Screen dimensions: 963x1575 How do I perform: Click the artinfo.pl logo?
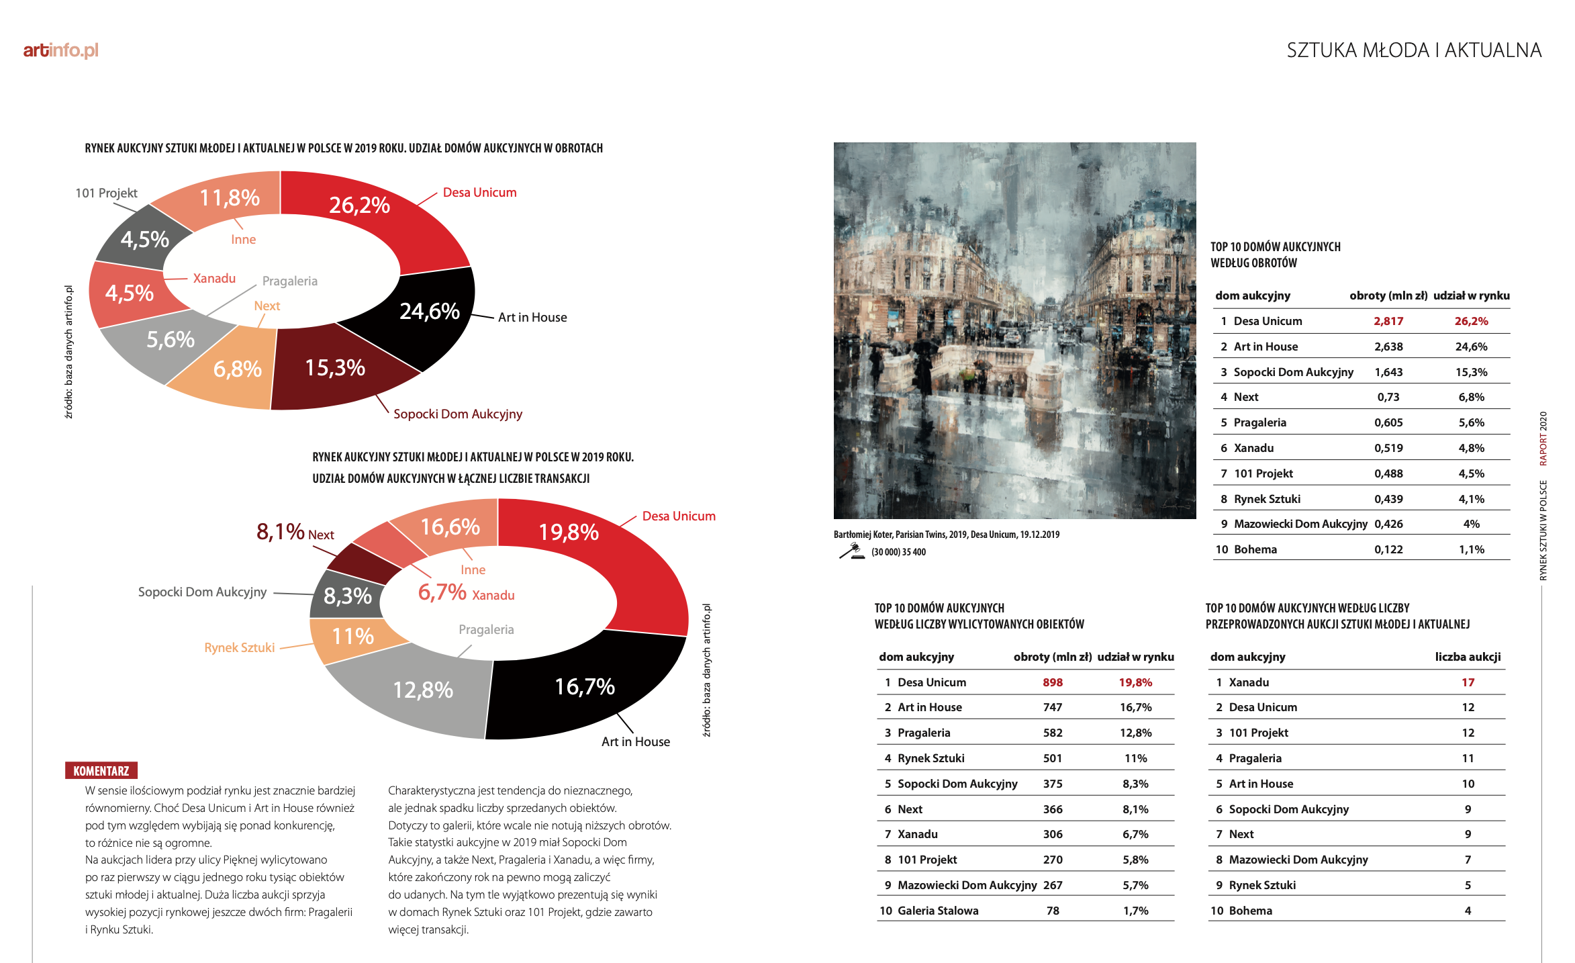pyautogui.click(x=60, y=50)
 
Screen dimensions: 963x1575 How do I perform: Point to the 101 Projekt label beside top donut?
pyautogui.click(x=106, y=193)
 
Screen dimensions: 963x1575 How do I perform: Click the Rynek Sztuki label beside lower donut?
pyautogui.click(x=240, y=647)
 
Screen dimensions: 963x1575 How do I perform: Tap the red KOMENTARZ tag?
pyautogui.click(x=101, y=771)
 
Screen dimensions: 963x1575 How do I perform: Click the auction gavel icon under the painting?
pyautogui.click(x=852, y=551)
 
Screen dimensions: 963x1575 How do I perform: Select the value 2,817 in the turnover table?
pyautogui.click(x=1388, y=321)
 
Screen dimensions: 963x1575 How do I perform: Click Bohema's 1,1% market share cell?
pyautogui.click(x=1471, y=549)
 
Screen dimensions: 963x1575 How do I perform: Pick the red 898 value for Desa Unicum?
pyautogui.click(x=1052, y=682)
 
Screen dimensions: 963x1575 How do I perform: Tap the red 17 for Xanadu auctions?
pyautogui.click(x=1468, y=682)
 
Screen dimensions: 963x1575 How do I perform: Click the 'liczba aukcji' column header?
pyautogui.click(x=1468, y=657)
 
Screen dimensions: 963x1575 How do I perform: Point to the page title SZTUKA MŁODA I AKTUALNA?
pyautogui.click(x=1414, y=50)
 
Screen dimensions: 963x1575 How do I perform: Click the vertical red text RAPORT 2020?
pyautogui.click(x=1543, y=439)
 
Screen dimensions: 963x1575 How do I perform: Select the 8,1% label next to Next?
pyautogui.click(x=281, y=532)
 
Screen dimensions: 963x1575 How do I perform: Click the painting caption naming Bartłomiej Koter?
pyautogui.click(x=947, y=535)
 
